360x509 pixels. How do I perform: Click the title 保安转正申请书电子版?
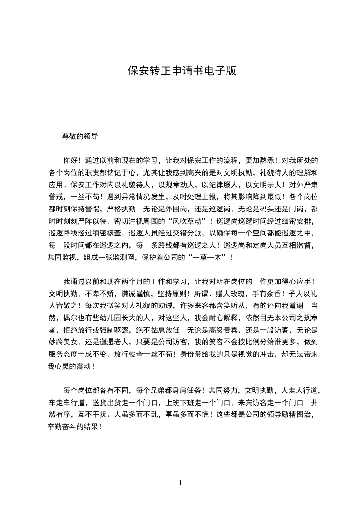tap(182, 71)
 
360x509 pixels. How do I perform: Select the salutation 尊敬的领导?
tap(80, 136)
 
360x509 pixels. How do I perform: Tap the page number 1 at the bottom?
tap(180, 483)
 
